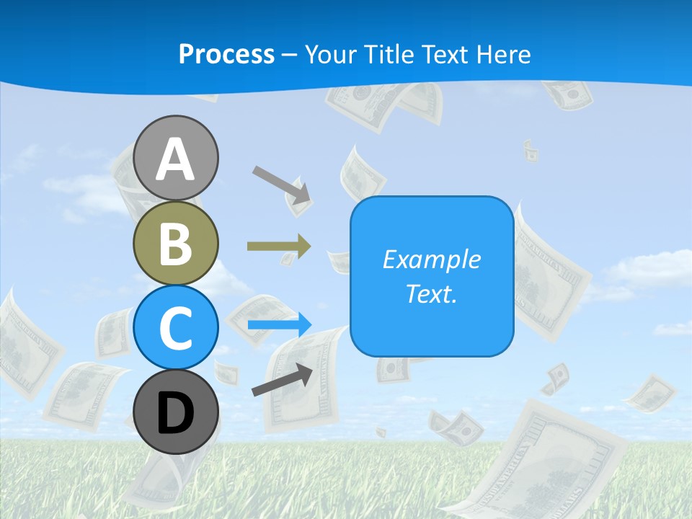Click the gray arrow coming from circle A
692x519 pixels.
[281, 185]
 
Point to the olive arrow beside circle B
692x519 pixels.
[279, 247]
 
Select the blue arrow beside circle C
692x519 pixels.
[280, 324]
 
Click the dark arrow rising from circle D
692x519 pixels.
[283, 379]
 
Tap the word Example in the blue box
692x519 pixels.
[432, 259]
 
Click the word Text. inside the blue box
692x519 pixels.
[432, 293]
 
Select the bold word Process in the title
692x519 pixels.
[226, 54]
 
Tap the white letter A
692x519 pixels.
[176, 159]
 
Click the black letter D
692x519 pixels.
[176, 413]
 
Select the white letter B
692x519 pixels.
[176, 243]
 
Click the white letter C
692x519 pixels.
[176, 328]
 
